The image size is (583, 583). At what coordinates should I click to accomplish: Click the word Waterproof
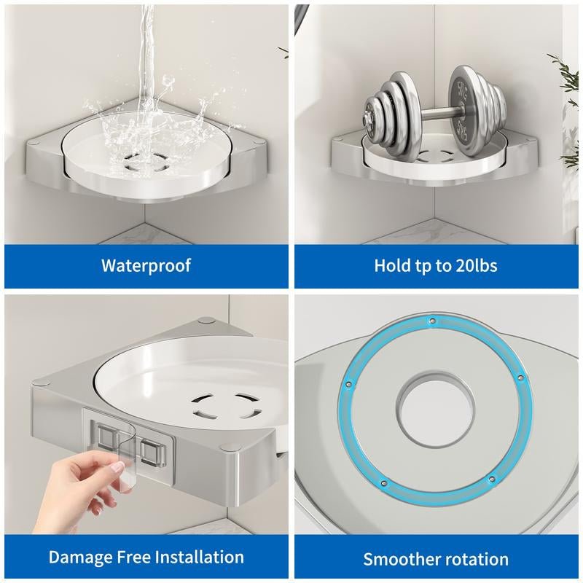tap(146, 265)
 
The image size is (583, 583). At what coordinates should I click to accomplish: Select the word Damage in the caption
tap(80, 557)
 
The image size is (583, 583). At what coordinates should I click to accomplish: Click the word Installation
tap(199, 557)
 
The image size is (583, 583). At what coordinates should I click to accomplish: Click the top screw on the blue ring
tap(432, 320)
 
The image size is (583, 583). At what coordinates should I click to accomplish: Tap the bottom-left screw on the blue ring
tap(384, 483)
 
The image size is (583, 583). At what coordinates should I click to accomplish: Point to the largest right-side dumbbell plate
tap(464, 111)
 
